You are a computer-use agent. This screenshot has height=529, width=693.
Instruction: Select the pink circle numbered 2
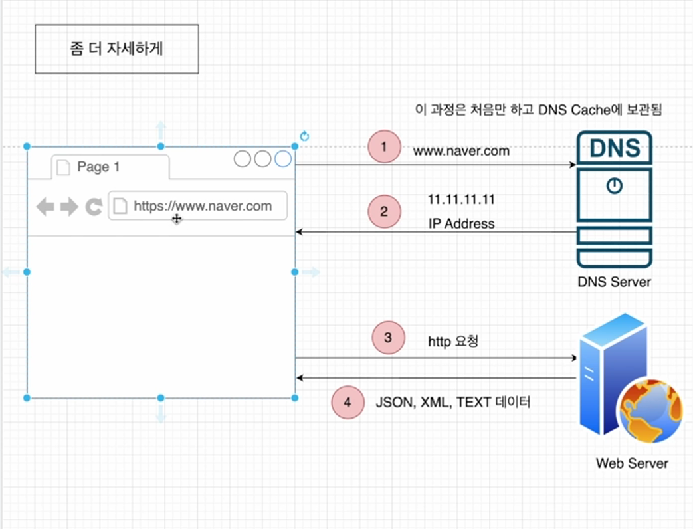click(384, 212)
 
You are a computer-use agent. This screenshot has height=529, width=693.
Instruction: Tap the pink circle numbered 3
click(388, 338)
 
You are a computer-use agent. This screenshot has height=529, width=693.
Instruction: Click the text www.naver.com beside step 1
click(461, 151)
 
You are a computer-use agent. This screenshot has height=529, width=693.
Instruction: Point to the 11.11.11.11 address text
click(461, 199)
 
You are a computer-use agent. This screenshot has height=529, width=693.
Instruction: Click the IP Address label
click(461, 224)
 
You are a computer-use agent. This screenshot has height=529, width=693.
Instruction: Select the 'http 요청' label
click(453, 342)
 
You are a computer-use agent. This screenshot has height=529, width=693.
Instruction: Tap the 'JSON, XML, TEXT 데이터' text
click(453, 402)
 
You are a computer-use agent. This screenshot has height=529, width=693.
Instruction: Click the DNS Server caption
click(614, 282)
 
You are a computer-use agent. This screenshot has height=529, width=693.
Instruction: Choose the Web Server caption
click(632, 463)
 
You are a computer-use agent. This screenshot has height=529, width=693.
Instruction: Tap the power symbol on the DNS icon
click(615, 187)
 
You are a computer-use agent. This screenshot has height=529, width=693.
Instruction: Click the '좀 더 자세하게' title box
click(116, 49)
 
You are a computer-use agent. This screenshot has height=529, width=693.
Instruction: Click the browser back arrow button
click(45, 207)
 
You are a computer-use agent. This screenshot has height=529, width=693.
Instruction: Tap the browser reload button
click(94, 207)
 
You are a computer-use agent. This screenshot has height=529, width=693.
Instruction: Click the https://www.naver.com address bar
click(198, 206)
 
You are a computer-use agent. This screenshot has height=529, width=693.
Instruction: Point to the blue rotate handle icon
click(304, 136)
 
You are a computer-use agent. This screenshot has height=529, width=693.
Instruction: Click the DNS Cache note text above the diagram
click(538, 110)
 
